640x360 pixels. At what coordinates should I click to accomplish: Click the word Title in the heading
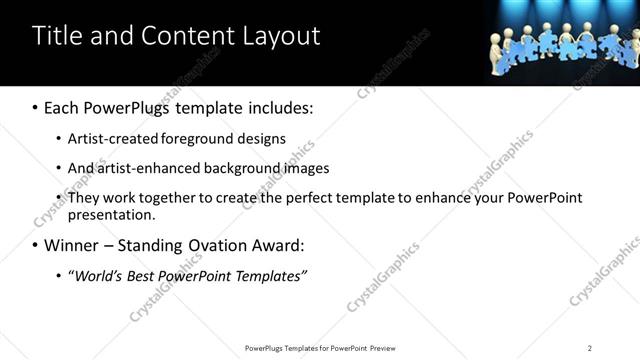pos(56,36)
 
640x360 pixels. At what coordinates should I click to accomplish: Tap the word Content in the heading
pos(184,36)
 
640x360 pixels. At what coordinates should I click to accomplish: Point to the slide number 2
pos(590,348)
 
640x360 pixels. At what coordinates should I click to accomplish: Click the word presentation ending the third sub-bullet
pos(111,214)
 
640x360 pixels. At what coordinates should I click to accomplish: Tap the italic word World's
pos(98,275)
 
